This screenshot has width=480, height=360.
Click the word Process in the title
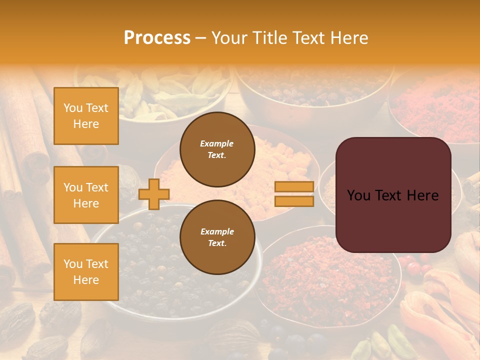pos(157,38)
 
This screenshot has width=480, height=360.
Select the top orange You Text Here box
pos(86,116)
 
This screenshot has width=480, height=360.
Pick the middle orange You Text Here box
pos(86,195)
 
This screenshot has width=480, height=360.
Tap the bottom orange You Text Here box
pos(86,271)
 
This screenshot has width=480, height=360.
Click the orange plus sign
pos(153,194)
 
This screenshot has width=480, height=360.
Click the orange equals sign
pos(294,194)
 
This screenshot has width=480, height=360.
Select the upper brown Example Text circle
pos(217,149)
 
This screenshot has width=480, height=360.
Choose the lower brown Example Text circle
pos(217,237)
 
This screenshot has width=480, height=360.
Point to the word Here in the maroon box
pos(422,195)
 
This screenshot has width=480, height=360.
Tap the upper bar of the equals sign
pos(294,186)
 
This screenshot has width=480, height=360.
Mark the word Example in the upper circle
pos(217,143)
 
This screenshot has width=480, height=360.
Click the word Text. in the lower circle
pos(217,243)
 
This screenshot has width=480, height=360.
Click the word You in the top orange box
pos(73,108)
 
